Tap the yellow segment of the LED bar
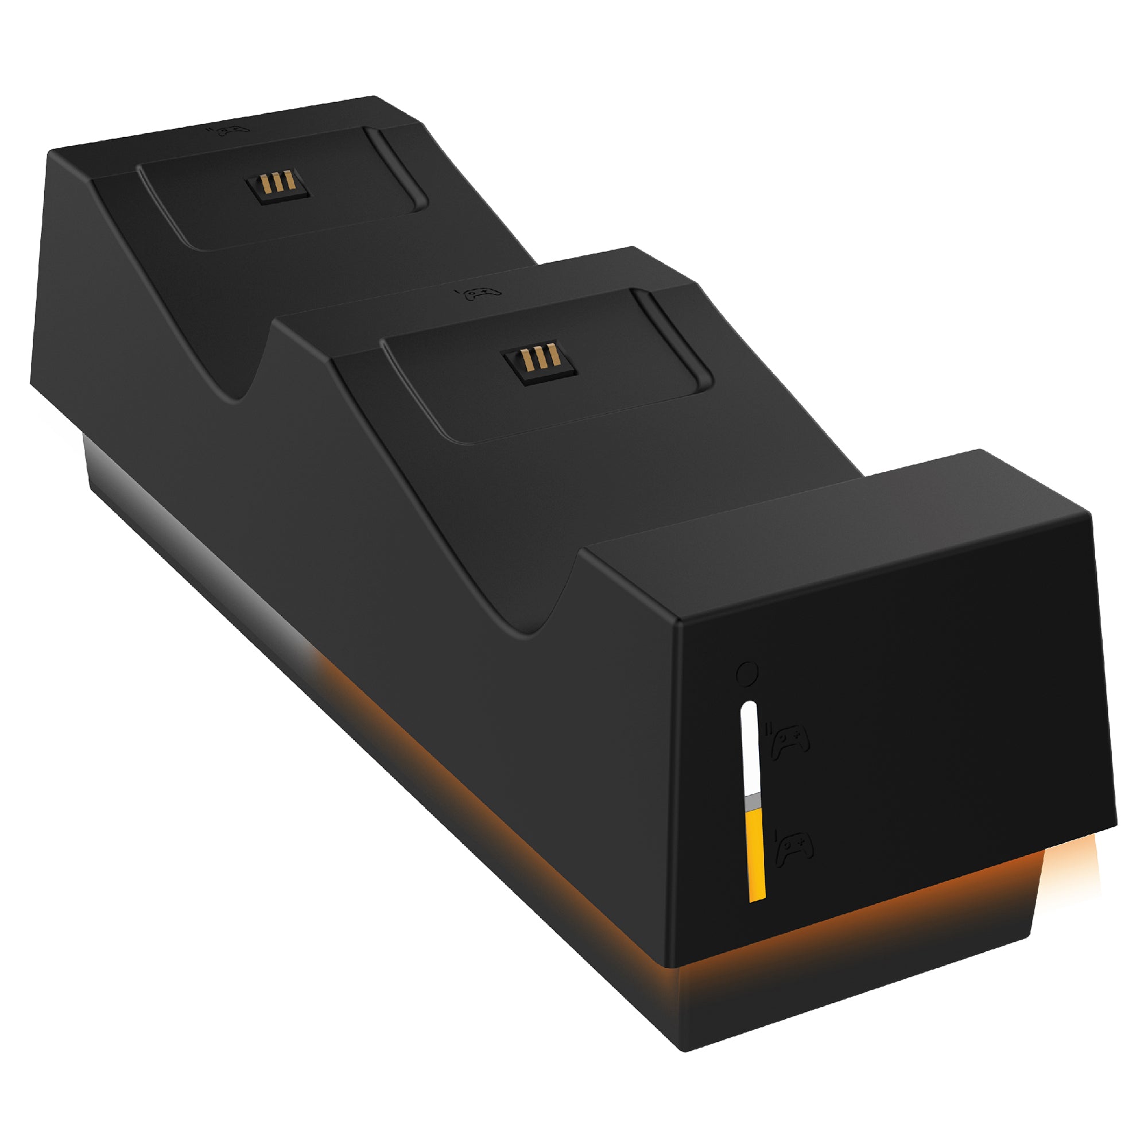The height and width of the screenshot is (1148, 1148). click(755, 856)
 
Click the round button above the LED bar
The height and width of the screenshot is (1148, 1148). click(747, 673)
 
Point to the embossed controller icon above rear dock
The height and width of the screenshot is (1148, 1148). click(231, 130)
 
